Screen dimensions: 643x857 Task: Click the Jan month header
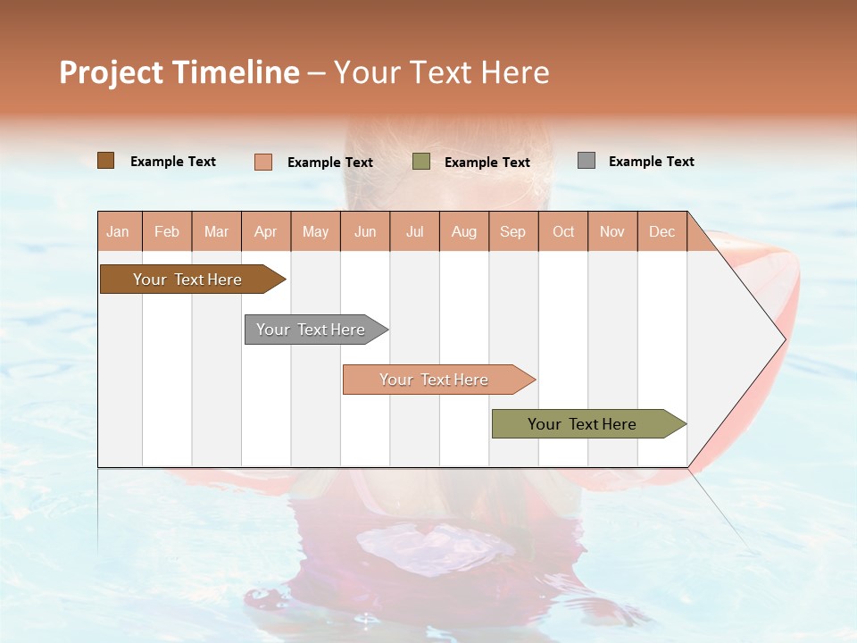tap(119, 231)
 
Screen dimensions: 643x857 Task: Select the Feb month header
tap(167, 231)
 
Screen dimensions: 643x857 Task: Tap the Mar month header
tap(216, 231)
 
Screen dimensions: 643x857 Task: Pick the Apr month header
tap(266, 231)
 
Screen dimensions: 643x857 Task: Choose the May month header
tap(315, 231)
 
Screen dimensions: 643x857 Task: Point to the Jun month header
tap(365, 231)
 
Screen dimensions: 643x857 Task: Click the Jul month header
tap(414, 231)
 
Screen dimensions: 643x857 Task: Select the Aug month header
tap(464, 231)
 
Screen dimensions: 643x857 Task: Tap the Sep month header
tap(513, 231)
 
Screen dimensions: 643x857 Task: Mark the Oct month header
tap(563, 231)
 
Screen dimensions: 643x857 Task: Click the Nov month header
tap(612, 231)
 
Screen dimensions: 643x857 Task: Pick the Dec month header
tap(662, 231)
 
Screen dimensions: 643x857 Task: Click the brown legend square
tap(106, 161)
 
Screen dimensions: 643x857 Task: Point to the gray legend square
tap(587, 161)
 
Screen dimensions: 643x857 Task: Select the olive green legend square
tap(421, 162)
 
